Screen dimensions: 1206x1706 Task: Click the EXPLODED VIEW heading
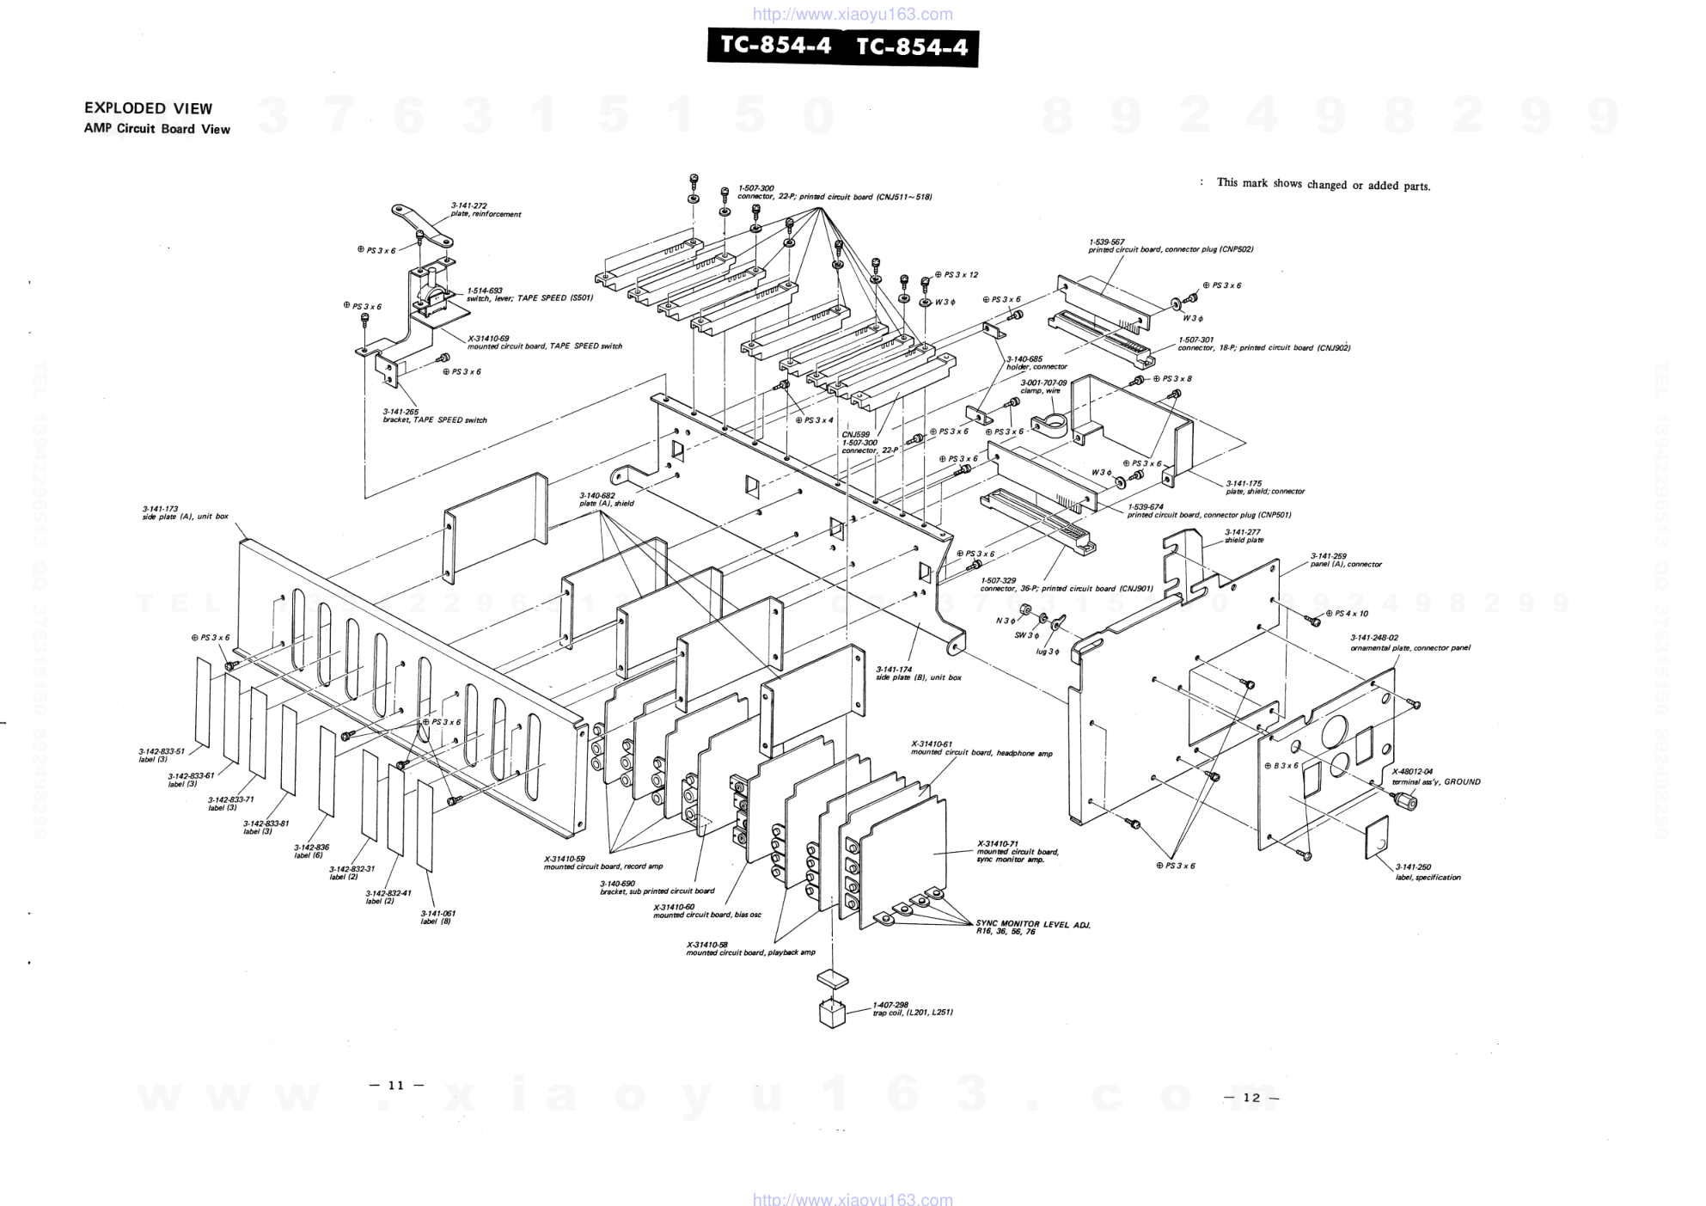click(x=148, y=108)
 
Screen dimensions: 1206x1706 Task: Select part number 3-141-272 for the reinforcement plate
click(x=468, y=205)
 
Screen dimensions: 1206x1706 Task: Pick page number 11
click(x=396, y=1085)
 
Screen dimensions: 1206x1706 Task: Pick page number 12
click(x=1250, y=1097)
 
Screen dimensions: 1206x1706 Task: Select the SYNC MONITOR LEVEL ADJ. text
click(x=1032, y=925)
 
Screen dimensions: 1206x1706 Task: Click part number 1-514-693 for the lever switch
click(x=485, y=291)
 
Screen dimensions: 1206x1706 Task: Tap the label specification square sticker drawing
click(x=1377, y=837)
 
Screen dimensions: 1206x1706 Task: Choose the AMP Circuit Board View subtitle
click(x=156, y=129)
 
